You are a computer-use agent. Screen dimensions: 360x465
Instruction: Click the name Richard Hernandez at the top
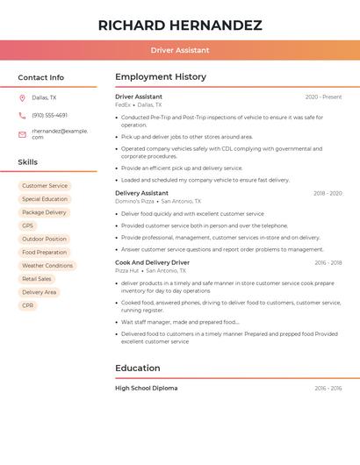pyautogui.click(x=180, y=25)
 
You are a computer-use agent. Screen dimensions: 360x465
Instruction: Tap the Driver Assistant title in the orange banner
pyautogui.click(x=180, y=50)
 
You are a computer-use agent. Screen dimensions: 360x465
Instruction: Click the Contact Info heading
pyautogui.click(x=40, y=77)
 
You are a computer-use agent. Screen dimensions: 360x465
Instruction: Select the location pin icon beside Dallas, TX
pyautogui.click(x=22, y=98)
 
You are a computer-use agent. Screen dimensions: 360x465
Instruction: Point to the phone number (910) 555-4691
pyautogui.click(x=49, y=115)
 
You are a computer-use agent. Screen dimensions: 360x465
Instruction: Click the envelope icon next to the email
pyautogui.click(x=22, y=134)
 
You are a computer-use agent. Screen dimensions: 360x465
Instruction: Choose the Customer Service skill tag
pyautogui.click(x=45, y=186)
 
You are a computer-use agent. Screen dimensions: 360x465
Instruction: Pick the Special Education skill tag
pyautogui.click(x=45, y=199)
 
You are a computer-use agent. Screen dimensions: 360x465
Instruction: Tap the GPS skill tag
pyautogui.click(x=28, y=225)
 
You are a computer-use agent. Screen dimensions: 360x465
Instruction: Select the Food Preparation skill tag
pyautogui.click(x=45, y=252)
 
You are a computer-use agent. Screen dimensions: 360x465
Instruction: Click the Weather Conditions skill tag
pyautogui.click(x=47, y=265)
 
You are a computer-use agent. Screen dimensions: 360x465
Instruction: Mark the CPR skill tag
pyautogui.click(x=28, y=305)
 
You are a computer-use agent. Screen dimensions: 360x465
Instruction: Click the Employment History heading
pyautogui.click(x=161, y=77)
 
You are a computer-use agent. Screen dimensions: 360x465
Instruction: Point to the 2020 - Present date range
pyautogui.click(x=323, y=97)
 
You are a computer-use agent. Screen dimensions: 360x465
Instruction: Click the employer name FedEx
pyautogui.click(x=123, y=104)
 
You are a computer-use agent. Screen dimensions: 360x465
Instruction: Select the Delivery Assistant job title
pyautogui.click(x=141, y=193)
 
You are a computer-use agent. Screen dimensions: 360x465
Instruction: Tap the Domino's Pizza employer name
pyautogui.click(x=134, y=201)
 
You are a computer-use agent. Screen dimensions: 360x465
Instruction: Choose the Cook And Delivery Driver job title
pyautogui.click(x=152, y=262)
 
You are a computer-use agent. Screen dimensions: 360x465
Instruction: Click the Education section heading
pyautogui.click(x=138, y=368)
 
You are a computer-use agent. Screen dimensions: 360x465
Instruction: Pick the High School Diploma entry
pyautogui.click(x=146, y=388)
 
